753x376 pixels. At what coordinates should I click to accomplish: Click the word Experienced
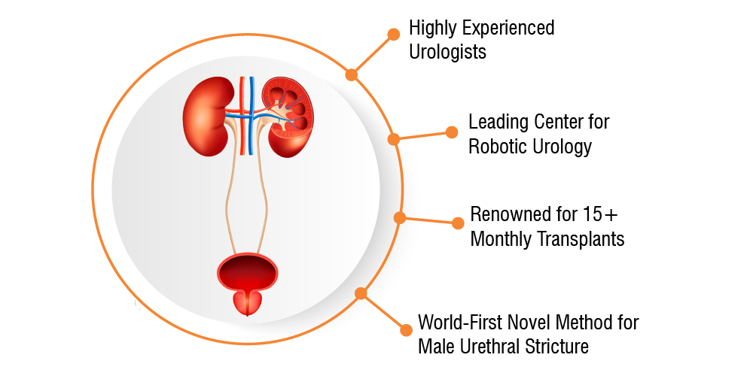[x=508, y=28]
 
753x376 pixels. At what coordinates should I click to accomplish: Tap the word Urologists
[x=447, y=51]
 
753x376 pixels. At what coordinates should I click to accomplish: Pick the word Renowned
[x=503, y=214]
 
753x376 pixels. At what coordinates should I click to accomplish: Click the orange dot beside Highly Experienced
[x=393, y=34]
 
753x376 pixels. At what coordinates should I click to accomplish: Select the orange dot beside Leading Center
[x=451, y=132]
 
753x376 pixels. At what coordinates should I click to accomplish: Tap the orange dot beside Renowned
[x=458, y=223]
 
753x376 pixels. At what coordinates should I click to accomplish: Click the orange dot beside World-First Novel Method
[x=406, y=330]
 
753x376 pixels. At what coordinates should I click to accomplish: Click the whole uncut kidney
[x=206, y=116]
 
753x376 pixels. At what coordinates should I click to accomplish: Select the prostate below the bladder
[x=247, y=303]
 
